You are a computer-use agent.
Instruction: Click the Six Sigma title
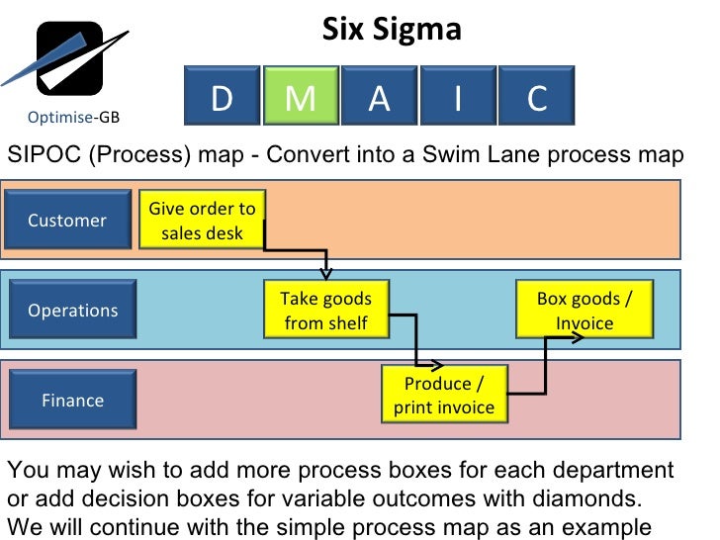(x=392, y=29)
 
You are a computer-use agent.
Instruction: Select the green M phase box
(x=301, y=96)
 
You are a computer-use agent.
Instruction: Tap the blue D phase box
(x=222, y=96)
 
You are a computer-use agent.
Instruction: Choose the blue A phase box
(x=379, y=96)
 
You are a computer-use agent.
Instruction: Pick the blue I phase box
(x=457, y=96)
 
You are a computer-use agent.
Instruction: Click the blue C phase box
(x=536, y=96)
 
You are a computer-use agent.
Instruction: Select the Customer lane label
(x=67, y=221)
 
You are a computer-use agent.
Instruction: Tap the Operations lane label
(x=72, y=311)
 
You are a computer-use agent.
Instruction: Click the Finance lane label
(x=72, y=401)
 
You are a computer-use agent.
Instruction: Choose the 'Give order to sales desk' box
(x=202, y=221)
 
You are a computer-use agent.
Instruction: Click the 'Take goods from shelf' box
(x=325, y=311)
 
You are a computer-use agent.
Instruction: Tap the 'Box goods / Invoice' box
(x=584, y=311)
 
